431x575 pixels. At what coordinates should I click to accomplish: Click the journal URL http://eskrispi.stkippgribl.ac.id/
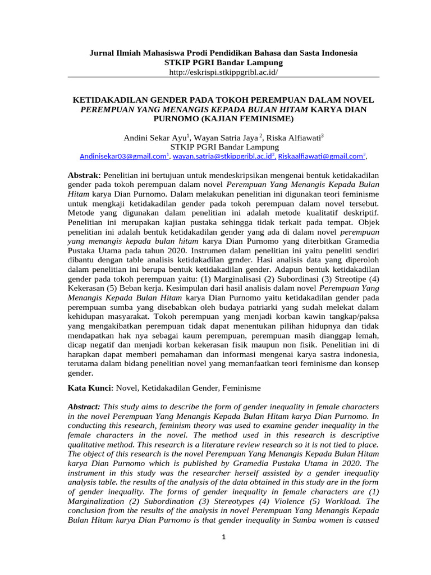(x=224, y=72)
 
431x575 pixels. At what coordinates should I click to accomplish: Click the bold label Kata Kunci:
(x=90, y=387)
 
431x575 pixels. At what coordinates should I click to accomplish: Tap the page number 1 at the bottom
(x=223, y=537)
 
